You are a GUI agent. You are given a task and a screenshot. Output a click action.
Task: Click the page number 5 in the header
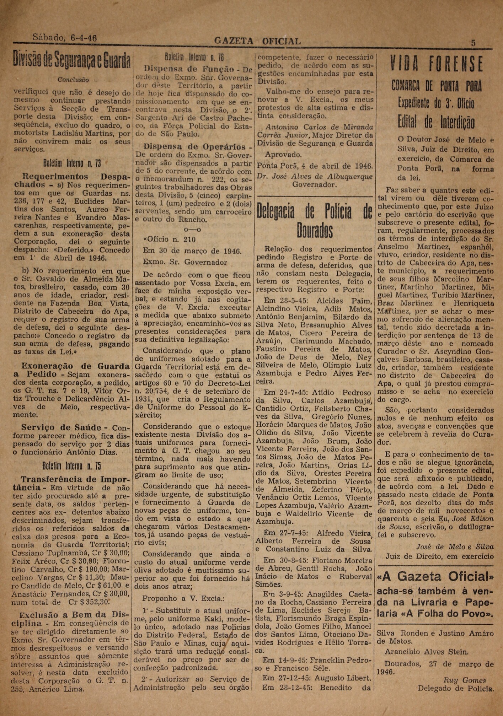tap(473, 43)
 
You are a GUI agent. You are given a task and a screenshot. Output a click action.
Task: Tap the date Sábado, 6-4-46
tap(64, 38)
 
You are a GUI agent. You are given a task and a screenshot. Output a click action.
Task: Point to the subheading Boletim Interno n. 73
tap(72, 163)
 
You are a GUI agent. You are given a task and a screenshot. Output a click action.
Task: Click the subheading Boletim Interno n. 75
tap(72, 466)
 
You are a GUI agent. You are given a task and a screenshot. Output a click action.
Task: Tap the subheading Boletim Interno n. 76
tap(194, 57)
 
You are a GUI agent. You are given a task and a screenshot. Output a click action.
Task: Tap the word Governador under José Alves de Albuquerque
tap(314, 185)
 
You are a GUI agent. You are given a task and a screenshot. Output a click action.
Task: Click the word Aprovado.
tap(283, 155)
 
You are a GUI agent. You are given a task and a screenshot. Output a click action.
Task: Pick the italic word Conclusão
tap(73, 80)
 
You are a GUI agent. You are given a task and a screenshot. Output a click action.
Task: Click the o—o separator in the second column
tap(192, 230)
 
